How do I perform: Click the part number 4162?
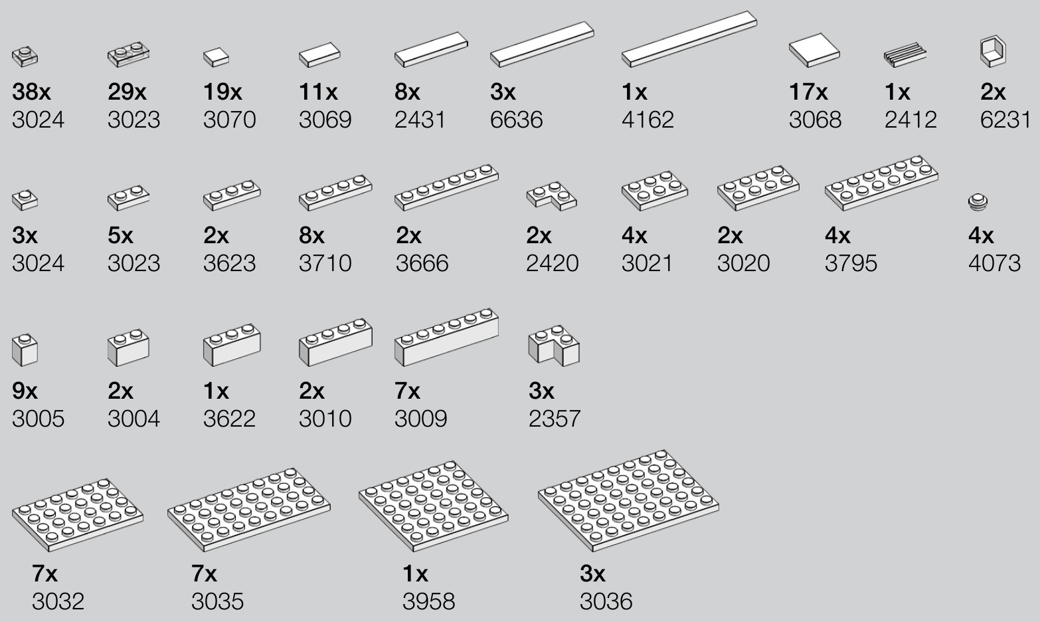648,120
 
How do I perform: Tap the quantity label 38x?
32,92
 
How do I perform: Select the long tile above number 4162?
689,39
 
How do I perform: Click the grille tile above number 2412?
905,54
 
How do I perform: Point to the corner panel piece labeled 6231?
993,51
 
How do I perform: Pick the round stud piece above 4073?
978,201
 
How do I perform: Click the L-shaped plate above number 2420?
552,196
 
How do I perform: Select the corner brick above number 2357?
554,346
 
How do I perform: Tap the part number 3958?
428,601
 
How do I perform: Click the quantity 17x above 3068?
808,92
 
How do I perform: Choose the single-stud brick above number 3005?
25,350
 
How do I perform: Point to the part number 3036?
606,601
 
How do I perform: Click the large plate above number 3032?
78,515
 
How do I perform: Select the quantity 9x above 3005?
25,391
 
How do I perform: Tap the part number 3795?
851,263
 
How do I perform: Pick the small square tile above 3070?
216,58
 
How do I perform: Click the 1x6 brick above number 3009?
447,337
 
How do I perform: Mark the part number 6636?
516,120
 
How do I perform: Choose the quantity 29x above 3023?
128,92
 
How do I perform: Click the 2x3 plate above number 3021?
655,191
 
